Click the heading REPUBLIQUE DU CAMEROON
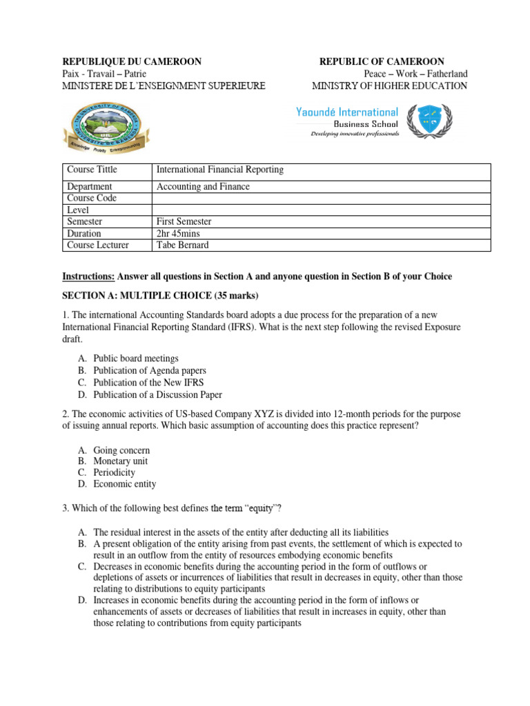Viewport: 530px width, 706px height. pos(132,61)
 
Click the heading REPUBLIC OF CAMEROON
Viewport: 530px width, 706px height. pos(382,61)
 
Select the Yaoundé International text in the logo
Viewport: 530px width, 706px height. pos(346,112)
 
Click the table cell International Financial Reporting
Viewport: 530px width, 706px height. pos(220,170)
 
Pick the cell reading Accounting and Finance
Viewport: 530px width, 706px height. pos(203,187)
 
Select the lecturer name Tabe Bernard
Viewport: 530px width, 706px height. pos(184,245)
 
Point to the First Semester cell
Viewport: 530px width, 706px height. pos(184,222)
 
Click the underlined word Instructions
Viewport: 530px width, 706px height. pos(88,276)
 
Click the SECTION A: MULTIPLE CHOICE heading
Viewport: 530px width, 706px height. pos(160,296)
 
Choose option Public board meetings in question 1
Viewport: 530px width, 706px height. pos(136,359)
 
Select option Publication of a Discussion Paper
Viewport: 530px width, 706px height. pos(158,395)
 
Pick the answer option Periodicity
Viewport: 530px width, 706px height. pos(115,473)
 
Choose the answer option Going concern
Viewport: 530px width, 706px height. pos(121,450)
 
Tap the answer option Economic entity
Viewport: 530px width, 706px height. pos(125,485)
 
